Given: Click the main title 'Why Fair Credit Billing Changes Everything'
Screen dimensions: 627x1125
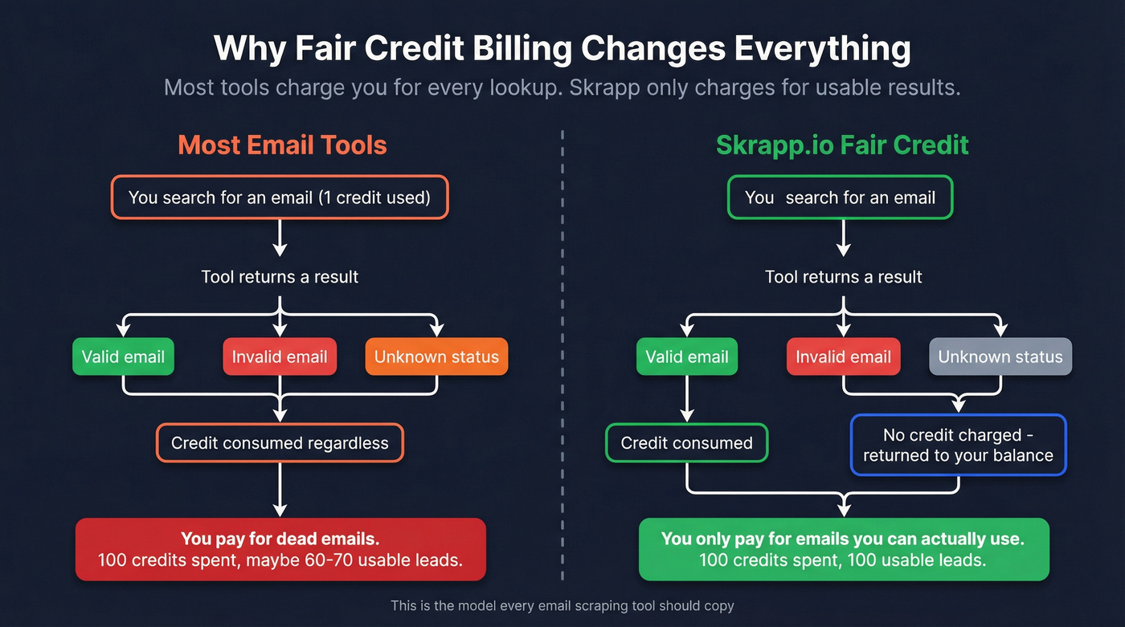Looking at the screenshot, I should point(562,47).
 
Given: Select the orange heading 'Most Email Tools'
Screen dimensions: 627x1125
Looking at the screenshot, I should point(282,145).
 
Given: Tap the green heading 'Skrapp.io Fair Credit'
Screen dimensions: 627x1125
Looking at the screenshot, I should point(842,145).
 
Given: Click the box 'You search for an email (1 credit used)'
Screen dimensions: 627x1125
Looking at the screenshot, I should point(280,197).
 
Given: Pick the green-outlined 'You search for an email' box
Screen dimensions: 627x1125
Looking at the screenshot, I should point(840,197).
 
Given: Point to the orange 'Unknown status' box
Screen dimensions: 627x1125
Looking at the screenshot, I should point(436,357).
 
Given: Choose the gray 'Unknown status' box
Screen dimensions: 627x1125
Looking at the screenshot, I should point(1000,357).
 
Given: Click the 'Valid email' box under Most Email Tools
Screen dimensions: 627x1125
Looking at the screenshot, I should point(123,357).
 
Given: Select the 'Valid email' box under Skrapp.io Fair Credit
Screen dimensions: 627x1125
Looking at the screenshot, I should point(687,357).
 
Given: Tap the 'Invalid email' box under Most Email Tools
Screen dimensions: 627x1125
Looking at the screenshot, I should point(280,357).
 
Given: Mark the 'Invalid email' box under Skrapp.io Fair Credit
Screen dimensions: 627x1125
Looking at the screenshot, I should point(843,357).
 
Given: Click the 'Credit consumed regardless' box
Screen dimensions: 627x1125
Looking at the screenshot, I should point(280,443).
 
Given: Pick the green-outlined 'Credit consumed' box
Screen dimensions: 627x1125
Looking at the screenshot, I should point(687,443).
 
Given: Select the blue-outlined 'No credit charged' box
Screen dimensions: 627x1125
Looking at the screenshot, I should point(958,445).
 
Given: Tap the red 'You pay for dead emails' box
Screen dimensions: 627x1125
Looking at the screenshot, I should point(280,549).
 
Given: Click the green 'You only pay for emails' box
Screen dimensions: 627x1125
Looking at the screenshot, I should point(843,549).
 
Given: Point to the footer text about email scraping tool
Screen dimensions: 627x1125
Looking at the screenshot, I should point(562,605).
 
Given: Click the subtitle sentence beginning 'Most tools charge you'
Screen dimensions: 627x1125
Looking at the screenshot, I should point(562,87).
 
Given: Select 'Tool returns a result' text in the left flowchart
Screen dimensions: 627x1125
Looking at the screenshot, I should point(280,277).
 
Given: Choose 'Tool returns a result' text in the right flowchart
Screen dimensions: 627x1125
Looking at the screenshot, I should point(843,277).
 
